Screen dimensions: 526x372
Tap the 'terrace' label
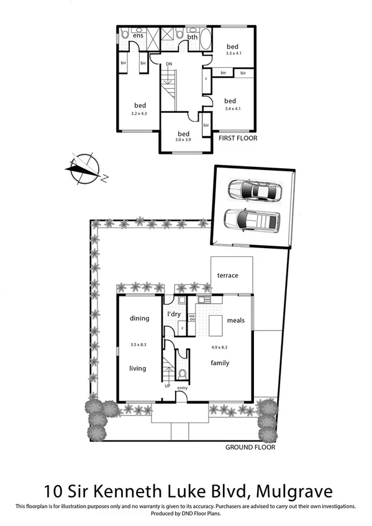coord(227,275)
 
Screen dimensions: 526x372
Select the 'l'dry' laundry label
coord(173,314)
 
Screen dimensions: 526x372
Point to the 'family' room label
coord(220,363)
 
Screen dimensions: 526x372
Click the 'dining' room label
coord(139,319)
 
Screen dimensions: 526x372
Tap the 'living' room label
coord(137,368)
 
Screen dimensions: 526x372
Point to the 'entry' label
coord(182,388)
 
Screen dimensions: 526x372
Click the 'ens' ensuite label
coord(138,36)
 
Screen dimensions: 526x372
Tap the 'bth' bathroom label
coord(193,37)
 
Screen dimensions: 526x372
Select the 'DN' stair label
coord(168,64)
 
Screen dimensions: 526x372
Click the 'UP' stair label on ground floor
coord(168,386)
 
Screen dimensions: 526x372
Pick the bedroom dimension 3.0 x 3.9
coord(183,141)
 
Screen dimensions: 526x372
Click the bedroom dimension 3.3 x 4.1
coord(232,54)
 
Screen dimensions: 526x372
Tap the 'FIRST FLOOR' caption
coord(238,138)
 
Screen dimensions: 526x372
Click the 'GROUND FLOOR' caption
coord(250,447)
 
